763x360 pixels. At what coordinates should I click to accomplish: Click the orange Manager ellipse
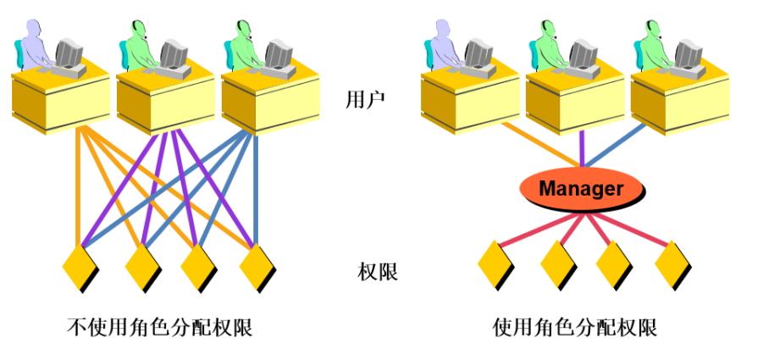click(582, 189)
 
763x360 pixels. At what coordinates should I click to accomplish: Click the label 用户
click(366, 100)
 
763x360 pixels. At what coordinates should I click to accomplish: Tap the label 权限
click(378, 272)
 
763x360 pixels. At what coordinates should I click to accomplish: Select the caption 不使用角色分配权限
click(160, 328)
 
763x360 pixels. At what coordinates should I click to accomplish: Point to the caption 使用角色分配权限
click(575, 328)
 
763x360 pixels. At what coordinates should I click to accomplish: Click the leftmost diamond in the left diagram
click(80, 268)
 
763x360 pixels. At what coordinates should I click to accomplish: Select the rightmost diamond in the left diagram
click(257, 268)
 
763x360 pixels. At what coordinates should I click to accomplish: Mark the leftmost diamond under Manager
click(495, 264)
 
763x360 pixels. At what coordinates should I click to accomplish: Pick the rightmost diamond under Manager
click(673, 264)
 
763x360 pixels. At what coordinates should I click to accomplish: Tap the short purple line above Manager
click(582, 151)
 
